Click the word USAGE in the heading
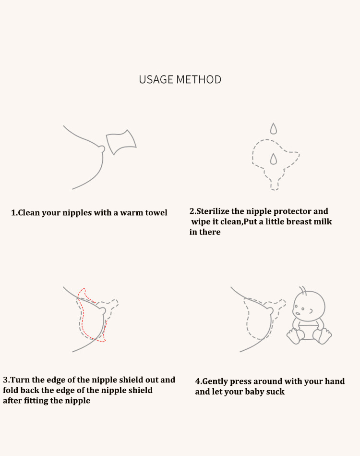pos(156,79)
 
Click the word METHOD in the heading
pos(199,79)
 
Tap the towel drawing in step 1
pos(121,142)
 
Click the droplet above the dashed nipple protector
pos(274,129)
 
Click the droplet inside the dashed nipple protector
pos(274,159)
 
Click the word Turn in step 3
pos(20,380)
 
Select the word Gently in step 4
pos(215,382)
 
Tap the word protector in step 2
pos(293,211)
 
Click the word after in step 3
pos(12,401)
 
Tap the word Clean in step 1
pos(29,212)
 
